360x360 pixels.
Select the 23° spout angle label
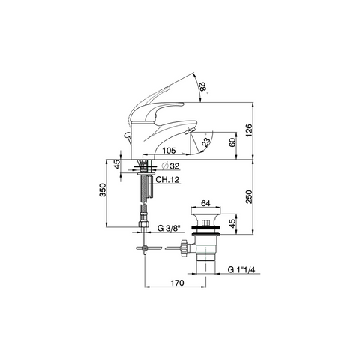[206, 142]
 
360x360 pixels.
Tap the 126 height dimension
[249, 130]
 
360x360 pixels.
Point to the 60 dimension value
[232, 142]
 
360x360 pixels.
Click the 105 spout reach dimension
[169, 151]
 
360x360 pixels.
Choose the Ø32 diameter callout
[171, 166]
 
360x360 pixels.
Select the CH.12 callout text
[167, 180]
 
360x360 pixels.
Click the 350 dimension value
[103, 190]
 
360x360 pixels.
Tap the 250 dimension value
[249, 197]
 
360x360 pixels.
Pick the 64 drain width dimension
[205, 203]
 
